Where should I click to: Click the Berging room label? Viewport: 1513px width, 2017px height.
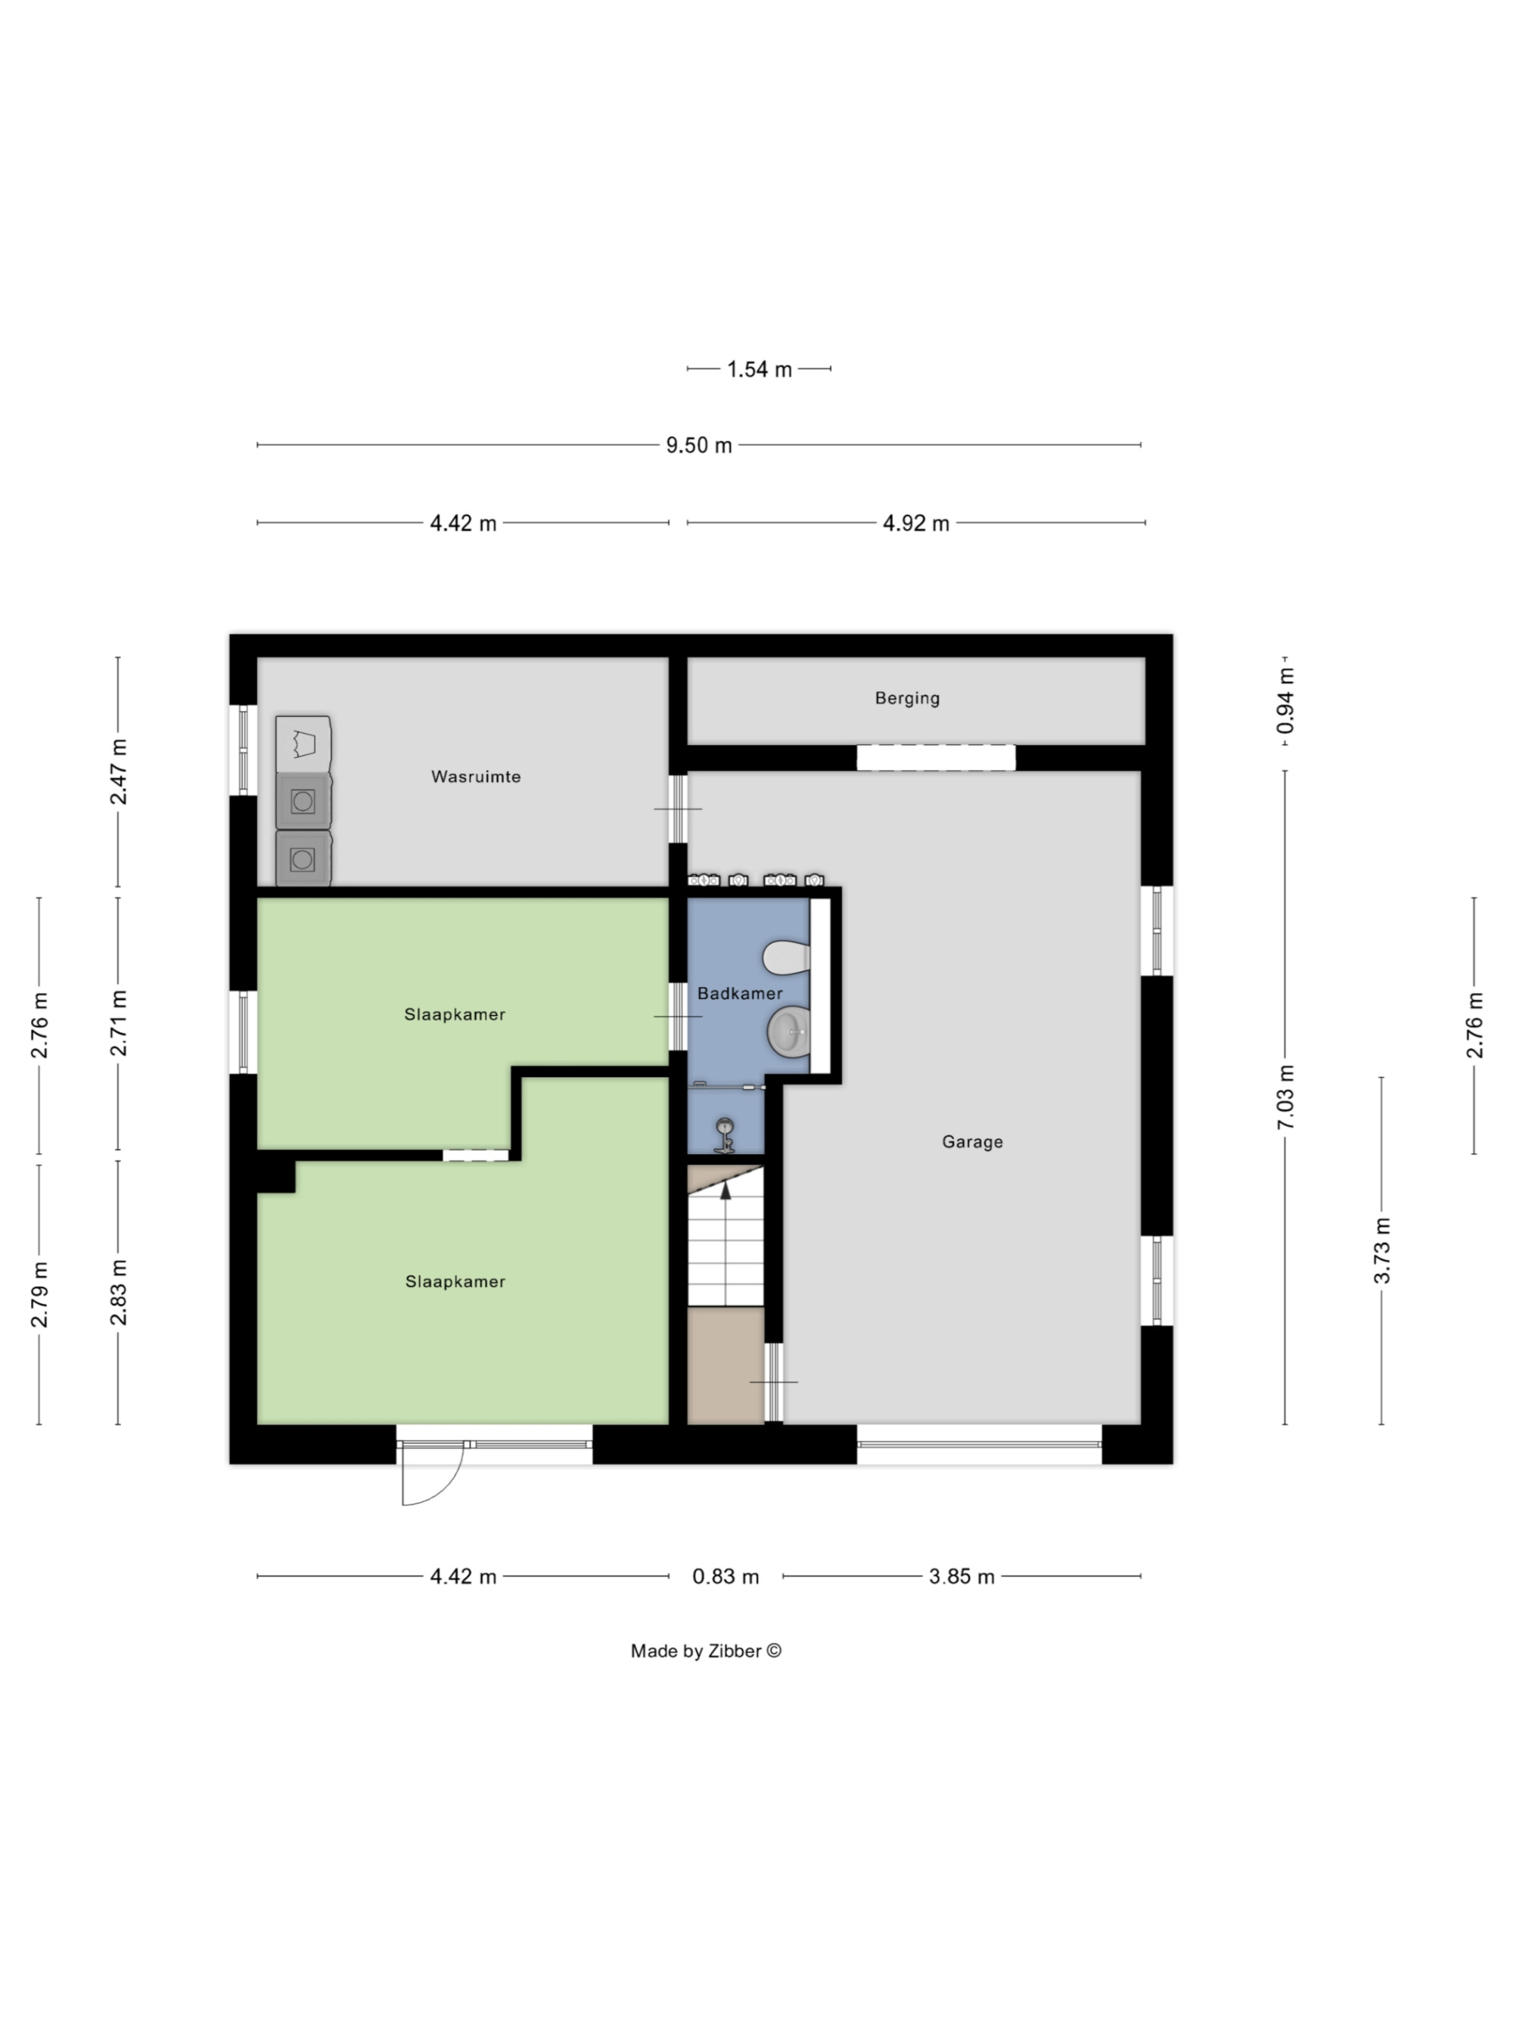coord(906,699)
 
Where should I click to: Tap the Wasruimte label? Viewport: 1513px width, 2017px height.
coord(476,777)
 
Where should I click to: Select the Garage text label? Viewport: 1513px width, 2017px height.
coord(972,1142)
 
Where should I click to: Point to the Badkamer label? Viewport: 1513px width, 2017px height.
coord(740,993)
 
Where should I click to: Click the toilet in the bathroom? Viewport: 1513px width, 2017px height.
coord(787,957)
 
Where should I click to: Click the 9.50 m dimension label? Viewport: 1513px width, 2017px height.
coord(698,445)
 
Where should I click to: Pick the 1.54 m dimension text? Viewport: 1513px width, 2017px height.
coord(759,369)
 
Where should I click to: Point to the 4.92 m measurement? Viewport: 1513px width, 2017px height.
coord(915,523)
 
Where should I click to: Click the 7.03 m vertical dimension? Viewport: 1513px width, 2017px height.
coord(1285,1097)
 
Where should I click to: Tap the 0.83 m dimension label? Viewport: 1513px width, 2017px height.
coord(725,1577)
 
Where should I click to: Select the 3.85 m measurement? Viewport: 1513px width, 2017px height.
coord(962,1577)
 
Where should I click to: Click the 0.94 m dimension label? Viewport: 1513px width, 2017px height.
coord(1285,700)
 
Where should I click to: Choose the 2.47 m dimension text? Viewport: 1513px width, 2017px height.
coord(119,772)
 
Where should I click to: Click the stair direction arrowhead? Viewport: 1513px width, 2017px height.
coord(726,1187)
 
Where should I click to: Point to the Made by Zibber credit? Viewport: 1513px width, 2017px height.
coord(706,1650)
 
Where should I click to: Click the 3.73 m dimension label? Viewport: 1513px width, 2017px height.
coord(1381,1250)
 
